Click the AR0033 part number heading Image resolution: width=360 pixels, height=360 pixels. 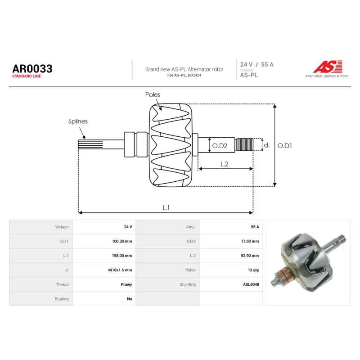pos(32,69)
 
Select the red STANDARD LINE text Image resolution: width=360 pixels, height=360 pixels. pos(27,76)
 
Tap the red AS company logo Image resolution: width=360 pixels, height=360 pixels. pos(328,67)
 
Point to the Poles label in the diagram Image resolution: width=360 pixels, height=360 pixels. pos(153,94)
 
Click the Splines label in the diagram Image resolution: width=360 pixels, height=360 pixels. pos(78,121)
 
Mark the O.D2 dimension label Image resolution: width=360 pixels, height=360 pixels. pos(220,145)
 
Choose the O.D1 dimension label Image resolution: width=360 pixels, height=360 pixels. pos(285,145)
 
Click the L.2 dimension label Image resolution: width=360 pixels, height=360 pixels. pos(224,164)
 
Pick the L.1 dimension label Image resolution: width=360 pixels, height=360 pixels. pos(166,207)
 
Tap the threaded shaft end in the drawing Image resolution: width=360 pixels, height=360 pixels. pos(245,144)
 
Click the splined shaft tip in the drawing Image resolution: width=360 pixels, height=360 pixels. pos(90,144)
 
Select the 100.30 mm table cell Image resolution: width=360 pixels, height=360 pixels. pos(122,241)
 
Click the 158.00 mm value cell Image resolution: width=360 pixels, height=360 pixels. pos(122,256)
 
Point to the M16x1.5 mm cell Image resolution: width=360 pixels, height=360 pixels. pos(120,270)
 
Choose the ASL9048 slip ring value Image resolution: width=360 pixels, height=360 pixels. pos(251,284)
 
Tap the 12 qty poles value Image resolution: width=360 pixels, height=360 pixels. pos(253,270)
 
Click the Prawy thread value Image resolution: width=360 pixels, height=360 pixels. pos(126,284)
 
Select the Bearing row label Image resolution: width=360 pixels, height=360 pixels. pos(62,299)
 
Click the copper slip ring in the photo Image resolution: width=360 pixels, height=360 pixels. pos(281,274)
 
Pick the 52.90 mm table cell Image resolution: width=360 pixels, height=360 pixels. pos(250,256)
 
